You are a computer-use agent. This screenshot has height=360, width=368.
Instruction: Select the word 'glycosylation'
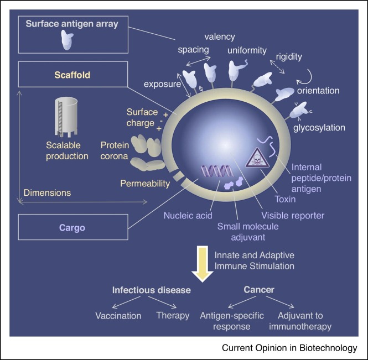tap(319, 128)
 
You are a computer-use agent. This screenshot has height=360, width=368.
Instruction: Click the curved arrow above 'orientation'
tap(305, 71)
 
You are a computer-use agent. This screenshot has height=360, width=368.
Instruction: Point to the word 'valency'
tap(220, 36)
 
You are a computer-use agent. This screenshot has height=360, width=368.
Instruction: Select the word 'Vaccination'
tap(118, 316)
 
